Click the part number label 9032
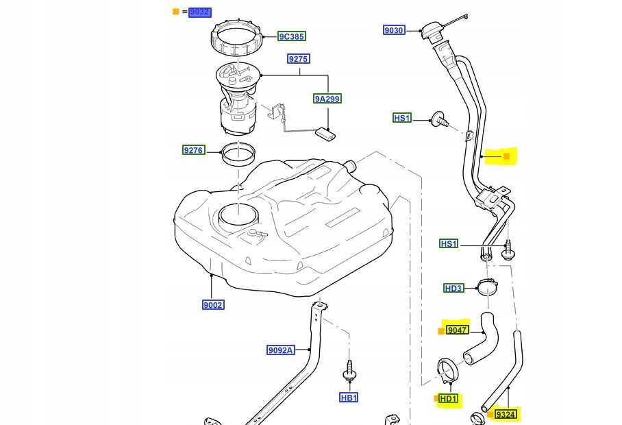coord(200,12)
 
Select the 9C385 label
coord(291,36)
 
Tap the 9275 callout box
coord(298,59)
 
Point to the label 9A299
coord(327,99)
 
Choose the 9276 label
coord(193,149)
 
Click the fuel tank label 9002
coord(213,304)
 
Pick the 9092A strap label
coord(280,350)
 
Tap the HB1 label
coord(349,398)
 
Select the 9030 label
coord(394,30)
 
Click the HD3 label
coord(453,288)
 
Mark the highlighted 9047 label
coord(457,330)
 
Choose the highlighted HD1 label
coord(449,399)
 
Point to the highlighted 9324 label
coord(506,415)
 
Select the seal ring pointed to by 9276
coord(238,156)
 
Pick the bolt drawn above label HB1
coord(349,369)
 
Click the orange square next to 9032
coord(175,12)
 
